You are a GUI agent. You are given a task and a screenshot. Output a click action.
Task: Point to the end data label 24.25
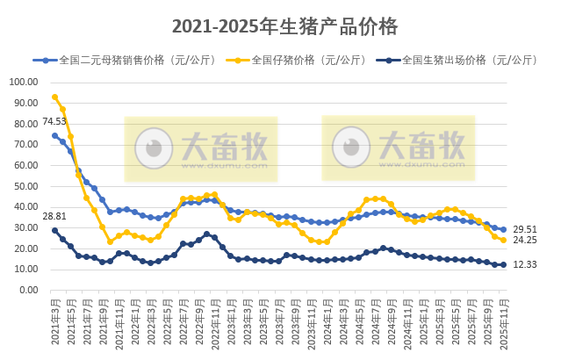click(526, 241)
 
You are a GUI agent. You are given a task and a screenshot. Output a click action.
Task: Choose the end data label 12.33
click(526, 265)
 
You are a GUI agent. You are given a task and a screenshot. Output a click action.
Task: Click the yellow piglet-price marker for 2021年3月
click(54, 97)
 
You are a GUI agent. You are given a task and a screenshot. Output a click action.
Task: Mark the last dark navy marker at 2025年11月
click(503, 264)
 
